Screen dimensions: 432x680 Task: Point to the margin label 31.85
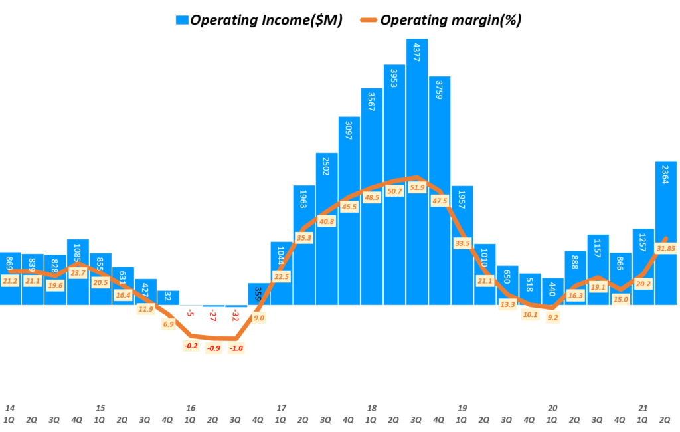[x=666, y=248]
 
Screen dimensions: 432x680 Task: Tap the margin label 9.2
[x=552, y=318]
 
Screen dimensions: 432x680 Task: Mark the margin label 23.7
[x=78, y=272]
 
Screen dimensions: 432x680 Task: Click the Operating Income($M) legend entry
[x=266, y=20]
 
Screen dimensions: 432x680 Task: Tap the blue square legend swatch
[x=183, y=20]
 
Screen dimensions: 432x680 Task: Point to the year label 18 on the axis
[x=371, y=408]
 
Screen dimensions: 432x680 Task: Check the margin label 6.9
[x=168, y=324]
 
